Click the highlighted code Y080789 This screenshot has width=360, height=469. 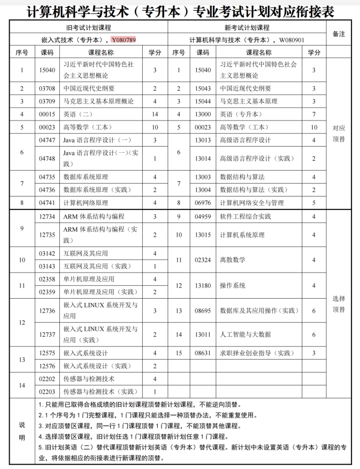coord(124,40)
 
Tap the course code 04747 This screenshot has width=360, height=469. coord(48,140)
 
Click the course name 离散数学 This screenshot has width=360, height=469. coord(233,260)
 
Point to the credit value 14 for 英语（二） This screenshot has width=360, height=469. coord(155,114)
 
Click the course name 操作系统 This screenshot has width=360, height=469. coord(233,285)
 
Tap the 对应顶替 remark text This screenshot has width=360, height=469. coord(339,133)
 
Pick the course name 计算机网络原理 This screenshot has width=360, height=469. coord(86,203)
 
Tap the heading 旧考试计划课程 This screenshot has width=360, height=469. coord(89,27)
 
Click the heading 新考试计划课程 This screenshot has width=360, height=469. coord(247,27)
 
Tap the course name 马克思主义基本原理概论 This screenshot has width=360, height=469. coord(98,101)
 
